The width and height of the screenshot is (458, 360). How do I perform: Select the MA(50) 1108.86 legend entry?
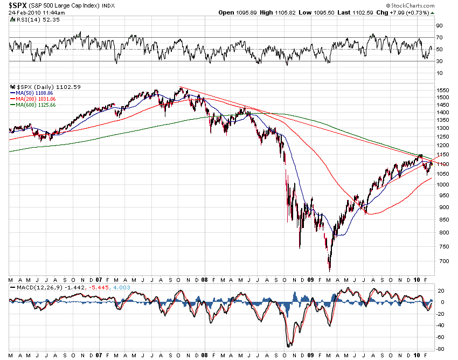click(33, 93)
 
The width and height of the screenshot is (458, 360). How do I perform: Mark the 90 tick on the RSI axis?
click(440, 25)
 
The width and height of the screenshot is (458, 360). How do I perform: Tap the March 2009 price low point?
click(329, 270)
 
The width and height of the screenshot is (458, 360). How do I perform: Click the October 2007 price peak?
click(181, 87)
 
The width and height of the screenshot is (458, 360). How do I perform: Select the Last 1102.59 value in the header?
click(358, 12)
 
